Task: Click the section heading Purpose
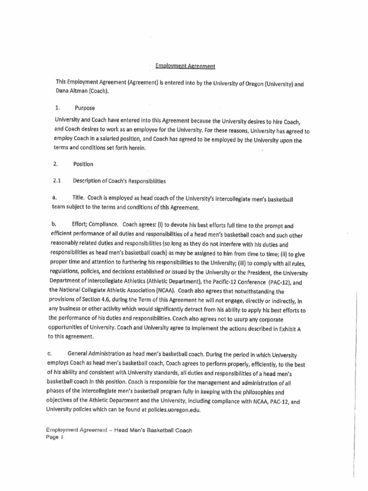pyautogui.click(x=84, y=108)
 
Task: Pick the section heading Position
pyautogui.click(x=83, y=164)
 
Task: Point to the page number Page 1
pyautogui.click(x=55, y=437)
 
